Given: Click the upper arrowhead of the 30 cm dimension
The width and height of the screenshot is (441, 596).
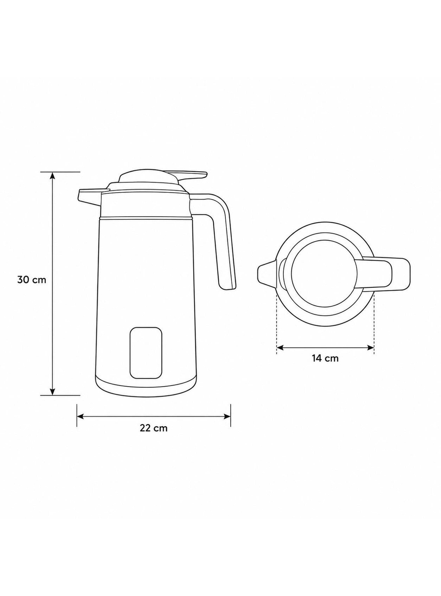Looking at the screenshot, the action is [x=53, y=175].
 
